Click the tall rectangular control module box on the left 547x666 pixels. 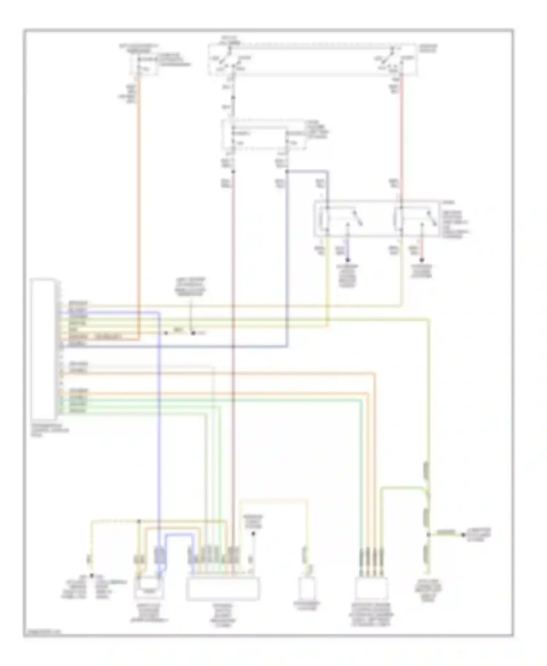(43, 349)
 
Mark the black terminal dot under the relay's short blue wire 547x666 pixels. (348, 260)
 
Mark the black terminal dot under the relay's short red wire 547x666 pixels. (422, 260)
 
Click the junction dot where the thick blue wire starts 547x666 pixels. (287, 171)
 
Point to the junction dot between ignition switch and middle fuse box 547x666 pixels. (233, 98)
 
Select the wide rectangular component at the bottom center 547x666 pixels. (222, 589)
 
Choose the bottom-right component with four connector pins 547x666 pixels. (371, 589)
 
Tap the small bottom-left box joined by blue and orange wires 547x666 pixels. (149, 588)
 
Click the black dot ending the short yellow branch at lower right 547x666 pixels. (463, 535)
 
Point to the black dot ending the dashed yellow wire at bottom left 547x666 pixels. (92, 576)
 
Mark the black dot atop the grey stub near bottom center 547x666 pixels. (253, 533)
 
